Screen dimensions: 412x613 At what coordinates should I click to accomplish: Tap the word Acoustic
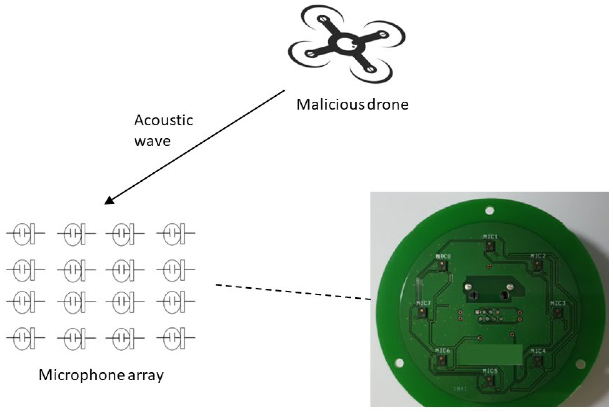tap(164, 120)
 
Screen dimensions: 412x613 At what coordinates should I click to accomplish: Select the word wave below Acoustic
tap(152, 141)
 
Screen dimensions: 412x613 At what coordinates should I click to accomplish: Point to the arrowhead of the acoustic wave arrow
tap(109, 200)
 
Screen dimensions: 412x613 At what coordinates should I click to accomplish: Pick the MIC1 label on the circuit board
tap(490, 236)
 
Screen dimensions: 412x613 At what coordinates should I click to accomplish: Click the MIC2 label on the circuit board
tap(538, 256)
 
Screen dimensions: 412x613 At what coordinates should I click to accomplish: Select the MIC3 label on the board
tap(558, 303)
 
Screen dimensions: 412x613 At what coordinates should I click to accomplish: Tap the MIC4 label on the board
tap(538, 351)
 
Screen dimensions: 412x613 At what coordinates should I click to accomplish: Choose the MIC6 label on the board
tap(443, 351)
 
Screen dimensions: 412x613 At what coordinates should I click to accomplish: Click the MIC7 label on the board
tap(423, 303)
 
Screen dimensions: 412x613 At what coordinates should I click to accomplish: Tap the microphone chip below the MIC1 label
tap(489, 247)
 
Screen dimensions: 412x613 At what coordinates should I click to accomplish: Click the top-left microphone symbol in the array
tap(25, 233)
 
